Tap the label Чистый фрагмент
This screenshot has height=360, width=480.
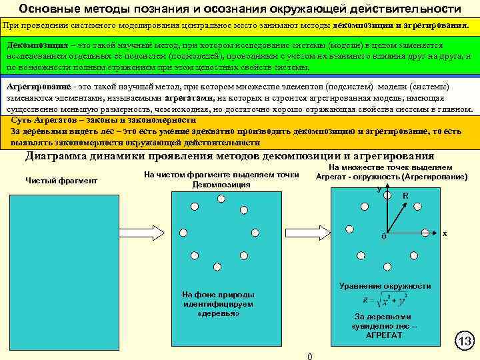point(61,181)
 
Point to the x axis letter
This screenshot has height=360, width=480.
point(445,234)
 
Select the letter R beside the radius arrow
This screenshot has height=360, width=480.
point(405,196)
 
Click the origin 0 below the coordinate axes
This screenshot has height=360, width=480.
point(383,237)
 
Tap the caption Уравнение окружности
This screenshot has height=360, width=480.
point(385,286)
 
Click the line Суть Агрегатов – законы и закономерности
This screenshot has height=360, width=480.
point(104,121)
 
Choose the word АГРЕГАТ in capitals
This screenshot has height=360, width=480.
point(384,335)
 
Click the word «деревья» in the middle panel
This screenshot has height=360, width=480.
point(219,313)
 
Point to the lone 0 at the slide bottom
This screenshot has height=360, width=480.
point(309,355)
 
